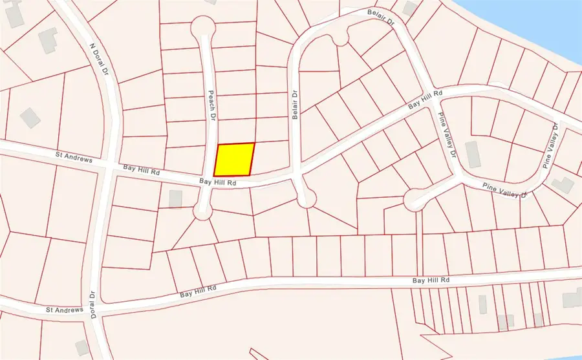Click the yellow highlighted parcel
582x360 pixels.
pos(233,159)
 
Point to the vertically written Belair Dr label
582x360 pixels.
pos(295,103)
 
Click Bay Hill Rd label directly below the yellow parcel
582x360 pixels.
pos(217,183)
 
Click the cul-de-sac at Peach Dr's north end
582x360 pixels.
pos(203,27)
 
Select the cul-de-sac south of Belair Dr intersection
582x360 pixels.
pos(306,198)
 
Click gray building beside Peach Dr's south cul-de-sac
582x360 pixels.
pos(175,198)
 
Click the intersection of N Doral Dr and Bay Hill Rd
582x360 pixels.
pos(110,165)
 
